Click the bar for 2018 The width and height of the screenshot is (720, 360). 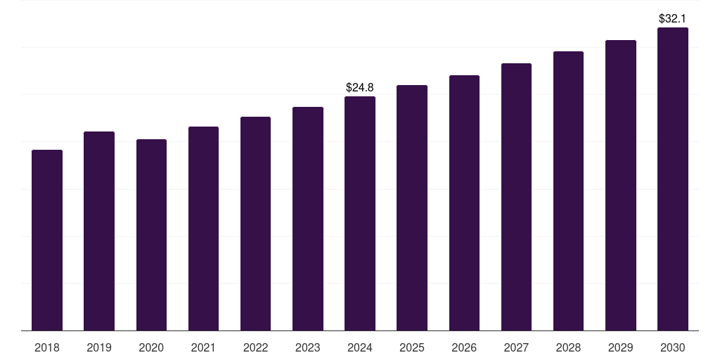[47, 240]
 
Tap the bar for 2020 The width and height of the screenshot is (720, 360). [151, 235]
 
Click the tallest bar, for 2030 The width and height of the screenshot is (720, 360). [673, 179]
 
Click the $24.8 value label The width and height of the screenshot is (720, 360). [360, 88]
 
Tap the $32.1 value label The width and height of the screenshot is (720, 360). [673, 19]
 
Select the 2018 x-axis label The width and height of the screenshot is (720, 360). [47, 347]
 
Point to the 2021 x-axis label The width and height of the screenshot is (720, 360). [203, 347]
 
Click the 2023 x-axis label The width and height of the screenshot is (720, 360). [308, 347]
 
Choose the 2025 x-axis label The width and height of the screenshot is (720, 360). [412, 347]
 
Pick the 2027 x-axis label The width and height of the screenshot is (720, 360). [516, 347]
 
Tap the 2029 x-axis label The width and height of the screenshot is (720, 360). [621, 347]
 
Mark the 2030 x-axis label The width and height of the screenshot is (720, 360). [673, 347]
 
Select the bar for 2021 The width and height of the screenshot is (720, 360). [203, 229]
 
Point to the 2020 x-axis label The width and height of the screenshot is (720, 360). [151, 347]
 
